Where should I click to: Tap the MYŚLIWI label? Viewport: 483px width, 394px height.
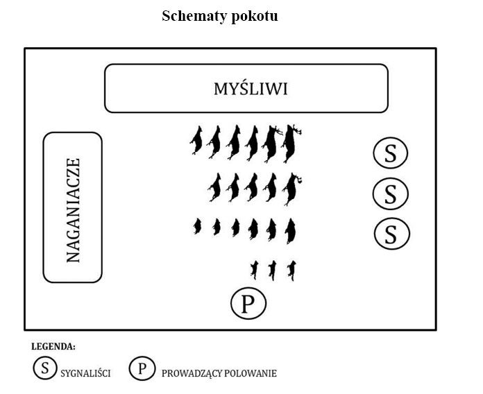coord(251,89)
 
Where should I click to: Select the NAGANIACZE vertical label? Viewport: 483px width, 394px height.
coord(74,210)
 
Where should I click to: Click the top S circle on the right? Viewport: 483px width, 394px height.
coord(391,153)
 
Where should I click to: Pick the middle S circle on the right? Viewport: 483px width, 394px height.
coord(390,194)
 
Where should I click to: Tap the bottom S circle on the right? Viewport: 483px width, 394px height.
coord(392,233)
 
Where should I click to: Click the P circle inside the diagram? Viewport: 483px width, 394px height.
coord(248,303)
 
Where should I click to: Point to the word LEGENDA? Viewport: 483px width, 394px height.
coord(53,347)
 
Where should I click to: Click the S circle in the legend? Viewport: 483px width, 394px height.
coord(45,368)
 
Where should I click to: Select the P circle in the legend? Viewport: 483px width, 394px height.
coord(142,368)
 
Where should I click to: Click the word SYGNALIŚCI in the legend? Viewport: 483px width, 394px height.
coord(85,373)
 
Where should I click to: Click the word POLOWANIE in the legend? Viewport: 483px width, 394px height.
coord(251,373)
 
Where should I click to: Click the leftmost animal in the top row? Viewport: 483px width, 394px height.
coord(196,140)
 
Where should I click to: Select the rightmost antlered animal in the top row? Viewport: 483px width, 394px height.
coord(291,143)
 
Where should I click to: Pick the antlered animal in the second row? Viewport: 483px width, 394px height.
coord(291,189)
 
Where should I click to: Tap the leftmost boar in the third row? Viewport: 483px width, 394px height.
coord(197,226)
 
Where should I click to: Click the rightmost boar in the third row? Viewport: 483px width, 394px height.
coord(290,231)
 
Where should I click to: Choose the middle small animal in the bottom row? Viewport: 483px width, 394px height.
coord(272,271)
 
